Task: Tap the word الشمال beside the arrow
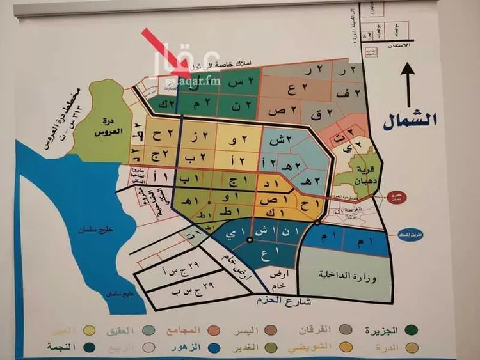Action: [409, 119]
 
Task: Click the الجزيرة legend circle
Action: [411, 331]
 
